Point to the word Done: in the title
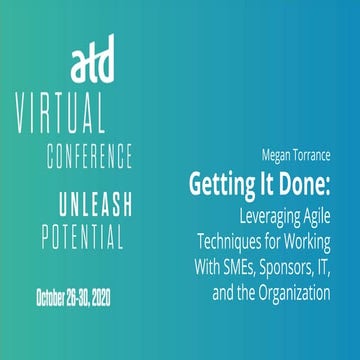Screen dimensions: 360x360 click(x=314, y=182)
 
